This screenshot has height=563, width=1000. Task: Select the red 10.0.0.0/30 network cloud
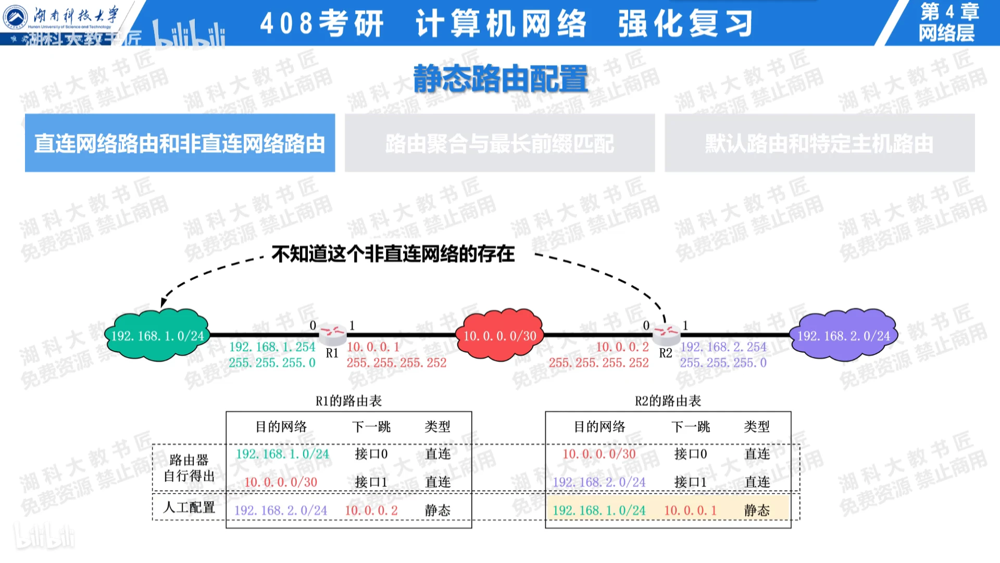(499, 336)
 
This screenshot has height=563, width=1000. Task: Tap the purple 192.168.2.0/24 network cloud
(843, 336)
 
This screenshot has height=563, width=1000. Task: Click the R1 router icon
(332, 332)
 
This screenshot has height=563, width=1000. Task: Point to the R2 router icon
(666, 332)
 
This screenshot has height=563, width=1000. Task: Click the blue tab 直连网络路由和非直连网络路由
(180, 143)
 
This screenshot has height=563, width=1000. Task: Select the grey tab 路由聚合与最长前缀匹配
(499, 143)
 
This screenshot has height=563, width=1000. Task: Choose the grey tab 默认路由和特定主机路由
(819, 143)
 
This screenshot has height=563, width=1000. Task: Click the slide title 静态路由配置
(500, 79)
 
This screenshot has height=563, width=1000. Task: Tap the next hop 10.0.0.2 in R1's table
(371, 510)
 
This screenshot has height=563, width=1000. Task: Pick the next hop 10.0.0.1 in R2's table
(690, 510)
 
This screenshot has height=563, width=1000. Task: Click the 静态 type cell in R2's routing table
(757, 510)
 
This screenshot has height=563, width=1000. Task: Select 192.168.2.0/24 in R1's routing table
(281, 510)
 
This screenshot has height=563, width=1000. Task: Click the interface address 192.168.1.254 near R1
(272, 347)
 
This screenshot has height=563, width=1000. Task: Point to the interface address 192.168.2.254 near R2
(723, 347)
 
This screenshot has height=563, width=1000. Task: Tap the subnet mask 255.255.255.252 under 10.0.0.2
(598, 363)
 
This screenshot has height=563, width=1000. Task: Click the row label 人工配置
(189, 507)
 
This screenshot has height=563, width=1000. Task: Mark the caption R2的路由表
(668, 401)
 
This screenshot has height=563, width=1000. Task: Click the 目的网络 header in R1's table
(281, 427)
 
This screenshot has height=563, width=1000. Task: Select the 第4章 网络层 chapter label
(948, 22)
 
